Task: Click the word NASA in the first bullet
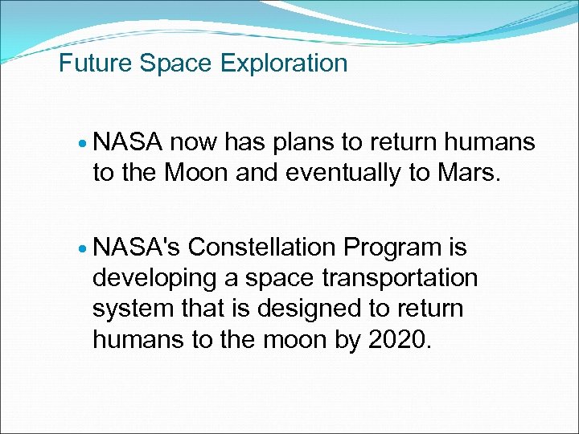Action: [x=129, y=142]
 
